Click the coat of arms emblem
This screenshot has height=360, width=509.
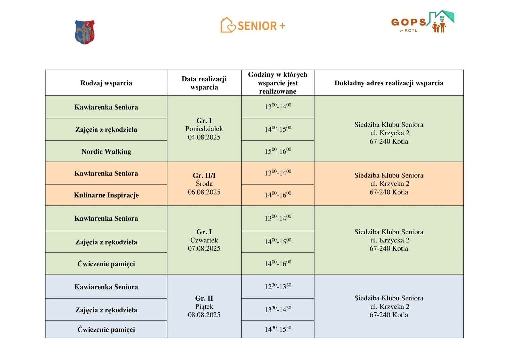85,32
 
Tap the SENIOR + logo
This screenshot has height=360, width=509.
253,25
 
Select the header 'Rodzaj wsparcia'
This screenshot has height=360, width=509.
106,83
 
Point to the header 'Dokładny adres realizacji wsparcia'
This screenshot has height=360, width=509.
389,83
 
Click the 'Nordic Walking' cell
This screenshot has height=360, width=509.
106,152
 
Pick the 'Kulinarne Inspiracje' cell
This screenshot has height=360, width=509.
106,195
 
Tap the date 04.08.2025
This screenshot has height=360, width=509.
204,137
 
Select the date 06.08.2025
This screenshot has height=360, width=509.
204,192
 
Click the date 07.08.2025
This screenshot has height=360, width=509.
204,248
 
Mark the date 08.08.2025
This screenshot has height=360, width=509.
204,315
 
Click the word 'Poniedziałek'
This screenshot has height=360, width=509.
204,129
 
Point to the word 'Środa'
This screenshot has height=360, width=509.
204,184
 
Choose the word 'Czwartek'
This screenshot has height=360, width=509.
204,240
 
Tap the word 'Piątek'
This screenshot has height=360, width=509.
204,306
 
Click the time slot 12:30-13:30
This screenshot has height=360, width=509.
278,286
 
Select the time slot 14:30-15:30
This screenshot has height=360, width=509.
278,329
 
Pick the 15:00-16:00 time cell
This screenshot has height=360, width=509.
278,151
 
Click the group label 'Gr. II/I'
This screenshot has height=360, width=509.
204,175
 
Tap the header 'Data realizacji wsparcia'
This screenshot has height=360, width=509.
204,83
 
